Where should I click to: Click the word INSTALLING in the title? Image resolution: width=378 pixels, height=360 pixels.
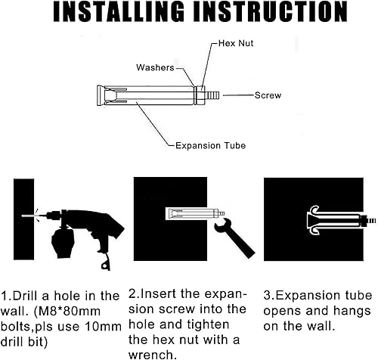[x=119, y=12]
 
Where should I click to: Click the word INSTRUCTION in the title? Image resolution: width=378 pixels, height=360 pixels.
[x=271, y=12]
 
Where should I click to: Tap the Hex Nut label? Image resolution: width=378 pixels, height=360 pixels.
[x=236, y=43]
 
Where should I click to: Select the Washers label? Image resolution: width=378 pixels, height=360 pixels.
[x=155, y=67]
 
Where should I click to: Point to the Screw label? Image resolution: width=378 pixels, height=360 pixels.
[x=268, y=95]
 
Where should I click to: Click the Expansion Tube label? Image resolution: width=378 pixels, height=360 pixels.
[x=210, y=146]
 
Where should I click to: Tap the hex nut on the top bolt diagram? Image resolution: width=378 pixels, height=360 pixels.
[x=201, y=95]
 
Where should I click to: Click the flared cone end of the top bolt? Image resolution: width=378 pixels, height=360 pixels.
[x=101, y=95]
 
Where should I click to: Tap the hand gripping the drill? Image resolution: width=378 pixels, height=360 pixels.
[x=62, y=243]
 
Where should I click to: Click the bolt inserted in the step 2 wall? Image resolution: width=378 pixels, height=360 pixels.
[x=195, y=214]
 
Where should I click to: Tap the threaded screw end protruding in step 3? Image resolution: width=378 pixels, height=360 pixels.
[x=371, y=221]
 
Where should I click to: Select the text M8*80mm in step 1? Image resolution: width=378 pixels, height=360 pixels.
[x=67, y=312]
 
